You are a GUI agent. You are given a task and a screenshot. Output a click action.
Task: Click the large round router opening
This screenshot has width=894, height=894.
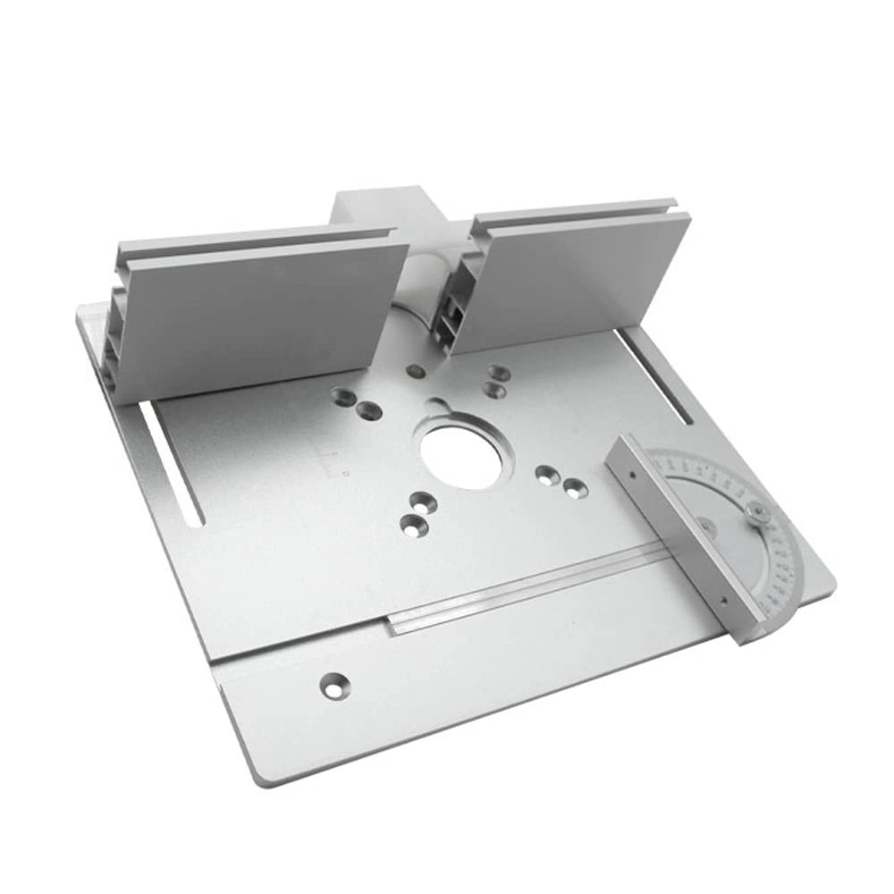pos(460,456)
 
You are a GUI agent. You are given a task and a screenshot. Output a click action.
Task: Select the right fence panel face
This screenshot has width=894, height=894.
pos(581,277)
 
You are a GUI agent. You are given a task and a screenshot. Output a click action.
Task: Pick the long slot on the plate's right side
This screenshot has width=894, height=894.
pos(657,375)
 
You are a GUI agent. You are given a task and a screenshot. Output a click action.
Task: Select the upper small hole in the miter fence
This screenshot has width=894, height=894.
pos(634,477)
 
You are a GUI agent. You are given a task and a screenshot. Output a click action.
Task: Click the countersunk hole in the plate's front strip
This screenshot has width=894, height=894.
pos(333,685)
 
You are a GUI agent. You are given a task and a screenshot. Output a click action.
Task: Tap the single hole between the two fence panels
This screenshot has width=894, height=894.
pos(413,370)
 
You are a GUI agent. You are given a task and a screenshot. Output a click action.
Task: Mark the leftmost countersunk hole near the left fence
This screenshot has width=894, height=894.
pos(342,394)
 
